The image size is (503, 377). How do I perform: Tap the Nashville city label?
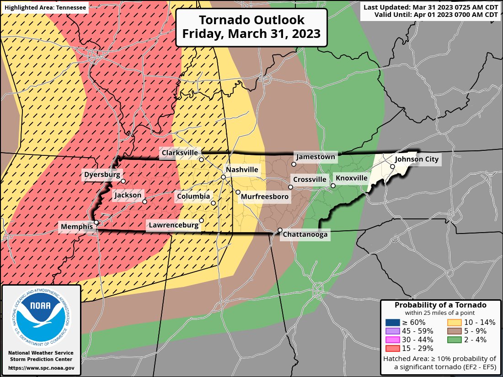click(242, 170)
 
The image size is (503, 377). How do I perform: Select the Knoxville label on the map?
click(351, 178)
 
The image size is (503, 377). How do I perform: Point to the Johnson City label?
click(417, 159)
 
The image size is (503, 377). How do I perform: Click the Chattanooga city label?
click(305, 234)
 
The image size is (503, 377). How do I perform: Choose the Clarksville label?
click(179, 153)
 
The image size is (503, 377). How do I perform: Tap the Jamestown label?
click(316, 157)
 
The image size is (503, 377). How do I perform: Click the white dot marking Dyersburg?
click(123, 181)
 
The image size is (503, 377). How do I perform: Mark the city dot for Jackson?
click(144, 202)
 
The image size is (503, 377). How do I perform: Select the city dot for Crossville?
click(290, 187)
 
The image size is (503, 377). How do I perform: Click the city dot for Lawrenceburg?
click(201, 220)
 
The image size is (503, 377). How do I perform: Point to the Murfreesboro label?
click(265, 196)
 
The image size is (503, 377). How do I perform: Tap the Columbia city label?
click(193, 196)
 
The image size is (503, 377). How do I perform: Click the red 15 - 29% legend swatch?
click(392, 348)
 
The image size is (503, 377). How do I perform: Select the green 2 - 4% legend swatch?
click(455, 340)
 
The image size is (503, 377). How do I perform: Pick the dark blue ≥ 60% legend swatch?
click(392, 322)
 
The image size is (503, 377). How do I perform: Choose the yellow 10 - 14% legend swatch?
click(455, 322)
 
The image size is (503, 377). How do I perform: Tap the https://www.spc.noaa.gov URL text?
click(41, 367)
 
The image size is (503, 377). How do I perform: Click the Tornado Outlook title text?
click(251, 27)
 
